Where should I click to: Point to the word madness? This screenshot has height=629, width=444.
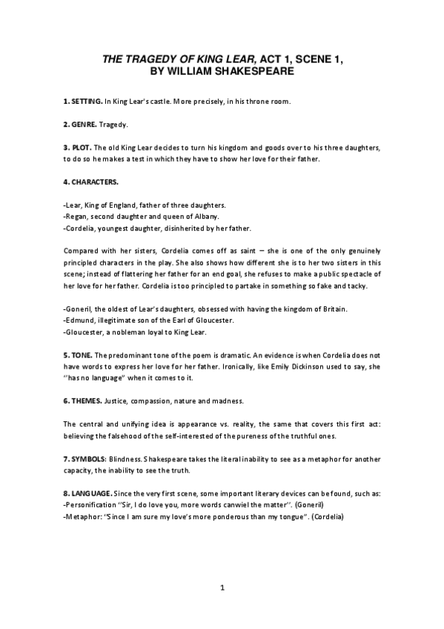tap(226, 402)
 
